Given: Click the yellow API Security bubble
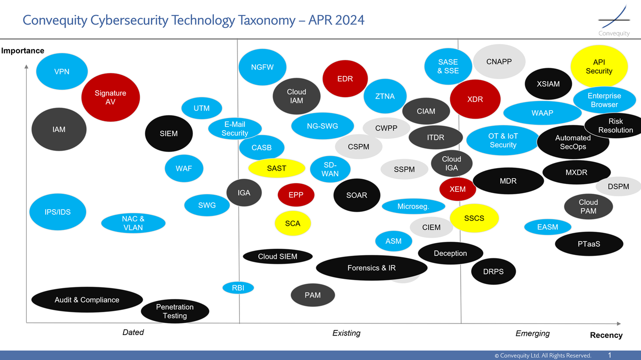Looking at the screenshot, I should click(x=599, y=67).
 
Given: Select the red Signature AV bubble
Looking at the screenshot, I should click(x=110, y=97).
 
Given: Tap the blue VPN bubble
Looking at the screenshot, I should click(x=62, y=72).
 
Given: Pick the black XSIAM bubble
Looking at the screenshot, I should click(x=548, y=84).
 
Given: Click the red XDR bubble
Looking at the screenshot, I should click(x=475, y=99).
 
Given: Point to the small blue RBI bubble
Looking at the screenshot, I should click(x=238, y=288).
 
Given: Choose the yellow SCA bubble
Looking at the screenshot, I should click(x=292, y=223).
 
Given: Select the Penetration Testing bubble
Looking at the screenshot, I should click(x=175, y=311).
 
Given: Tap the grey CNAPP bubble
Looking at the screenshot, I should click(x=499, y=62).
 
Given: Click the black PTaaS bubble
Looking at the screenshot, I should click(x=589, y=244).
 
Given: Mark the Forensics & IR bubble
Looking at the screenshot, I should click(x=371, y=268).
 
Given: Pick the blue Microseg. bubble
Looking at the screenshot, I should click(x=413, y=206).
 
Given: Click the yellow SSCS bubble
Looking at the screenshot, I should click(x=474, y=218).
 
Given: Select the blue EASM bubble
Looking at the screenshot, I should click(x=547, y=227).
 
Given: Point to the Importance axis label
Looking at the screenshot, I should click(x=23, y=51).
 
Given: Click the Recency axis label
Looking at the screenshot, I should click(x=606, y=335).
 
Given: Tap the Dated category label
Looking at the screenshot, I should click(x=133, y=332).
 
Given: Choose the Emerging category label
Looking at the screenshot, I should click(x=532, y=333).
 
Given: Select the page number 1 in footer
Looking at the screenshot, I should click(x=609, y=355).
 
